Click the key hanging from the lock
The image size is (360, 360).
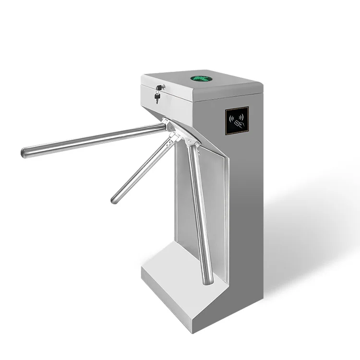(x=156, y=98)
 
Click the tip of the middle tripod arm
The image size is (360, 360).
(x=115, y=198)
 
